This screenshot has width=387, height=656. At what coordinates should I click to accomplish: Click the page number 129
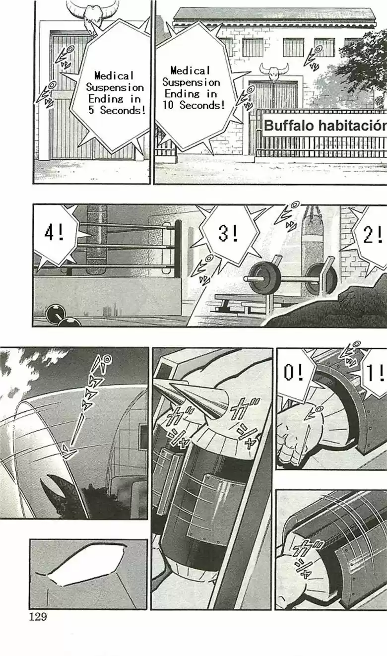click(38, 617)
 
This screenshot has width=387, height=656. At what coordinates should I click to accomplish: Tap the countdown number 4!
click(54, 233)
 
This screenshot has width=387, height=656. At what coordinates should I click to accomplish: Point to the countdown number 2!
click(373, 234)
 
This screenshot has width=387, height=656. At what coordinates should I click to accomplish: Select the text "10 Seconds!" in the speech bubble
click(193, 105)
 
